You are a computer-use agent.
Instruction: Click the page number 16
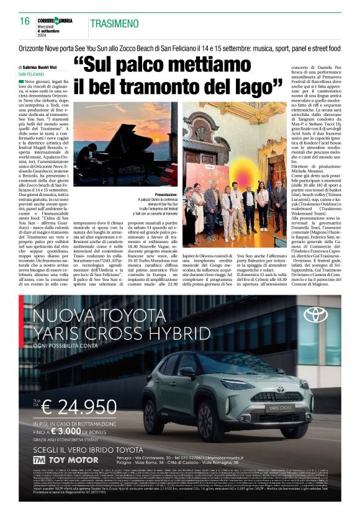tap(25, 21)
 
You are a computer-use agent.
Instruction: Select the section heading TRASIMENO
tap(114, 24)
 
